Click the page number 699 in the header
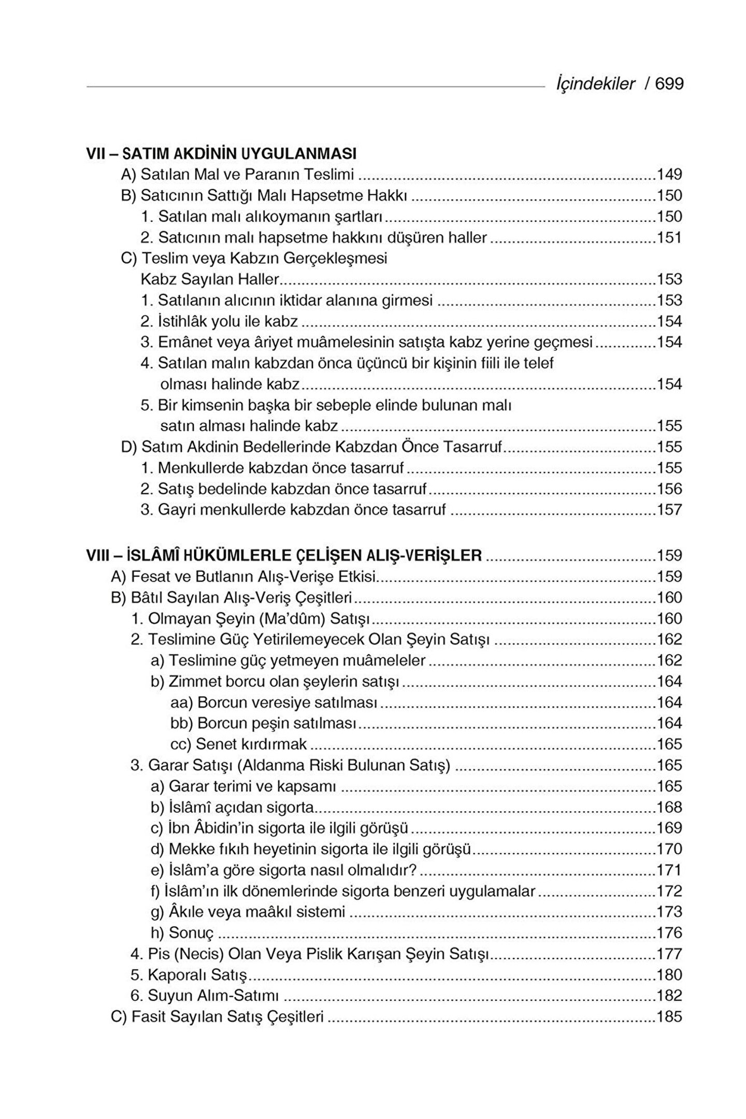pos(669,84)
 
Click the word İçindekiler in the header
pos(595,84)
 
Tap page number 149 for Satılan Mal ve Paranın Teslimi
pos(669,175)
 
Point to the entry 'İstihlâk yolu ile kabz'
pos(219,322)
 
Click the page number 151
pos(669,238)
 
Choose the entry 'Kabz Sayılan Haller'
pos(210,280)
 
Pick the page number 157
pos(669,510)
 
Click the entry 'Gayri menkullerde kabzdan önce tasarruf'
pos(293,510)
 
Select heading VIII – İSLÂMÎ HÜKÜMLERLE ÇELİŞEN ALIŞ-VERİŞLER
pos(284,556)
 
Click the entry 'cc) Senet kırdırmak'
pos(239,745)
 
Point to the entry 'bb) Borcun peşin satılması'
pos(263,724)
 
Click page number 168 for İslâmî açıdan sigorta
pos(669,808)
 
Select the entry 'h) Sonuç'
pos(182,934)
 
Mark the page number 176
pos(669,934)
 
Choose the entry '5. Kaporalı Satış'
pos(189,975)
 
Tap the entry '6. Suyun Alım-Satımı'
pos(205,996)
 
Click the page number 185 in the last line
pos(669,1017)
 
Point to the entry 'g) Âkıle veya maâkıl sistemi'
pos(248,912)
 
